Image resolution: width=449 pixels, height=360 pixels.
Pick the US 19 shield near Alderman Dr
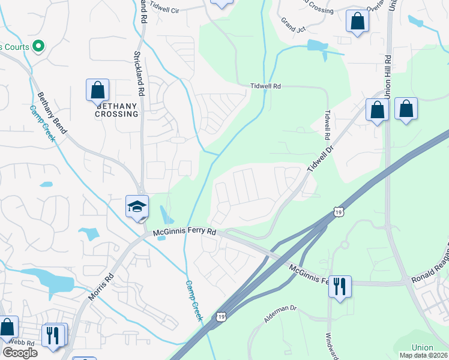point(221,316)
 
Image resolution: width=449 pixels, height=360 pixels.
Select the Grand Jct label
point(294,23)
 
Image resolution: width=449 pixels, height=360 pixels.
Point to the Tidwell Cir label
point(165,8)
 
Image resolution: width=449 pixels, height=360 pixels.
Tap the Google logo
point(20,353)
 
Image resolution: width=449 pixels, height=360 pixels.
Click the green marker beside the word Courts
point(38,46)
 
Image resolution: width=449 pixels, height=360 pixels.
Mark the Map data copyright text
point(423,355)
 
